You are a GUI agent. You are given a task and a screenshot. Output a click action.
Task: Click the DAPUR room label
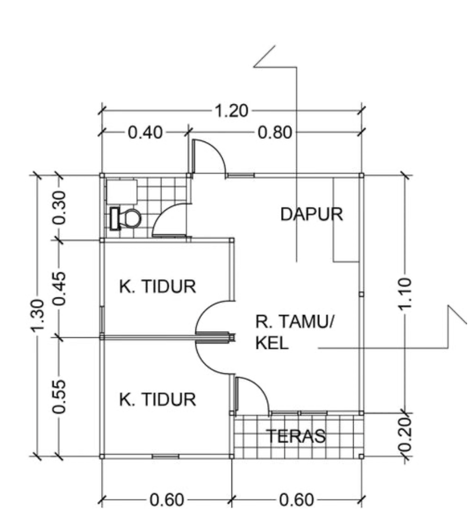coord(312,214)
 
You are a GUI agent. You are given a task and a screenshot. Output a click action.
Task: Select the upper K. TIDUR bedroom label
coord(158,286)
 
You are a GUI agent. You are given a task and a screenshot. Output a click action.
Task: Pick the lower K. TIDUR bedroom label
coord(158,399)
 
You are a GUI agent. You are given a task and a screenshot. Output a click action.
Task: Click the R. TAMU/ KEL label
coord(294,332)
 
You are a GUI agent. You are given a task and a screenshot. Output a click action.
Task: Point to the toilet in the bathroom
coord(126,219)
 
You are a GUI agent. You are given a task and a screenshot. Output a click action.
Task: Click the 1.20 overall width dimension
coord(231,111)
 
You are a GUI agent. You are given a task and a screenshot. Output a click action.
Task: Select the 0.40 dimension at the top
coord(145,133)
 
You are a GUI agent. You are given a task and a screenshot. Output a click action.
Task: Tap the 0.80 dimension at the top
coord(275,133)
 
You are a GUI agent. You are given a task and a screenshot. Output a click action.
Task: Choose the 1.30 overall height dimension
coord(38,315)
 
